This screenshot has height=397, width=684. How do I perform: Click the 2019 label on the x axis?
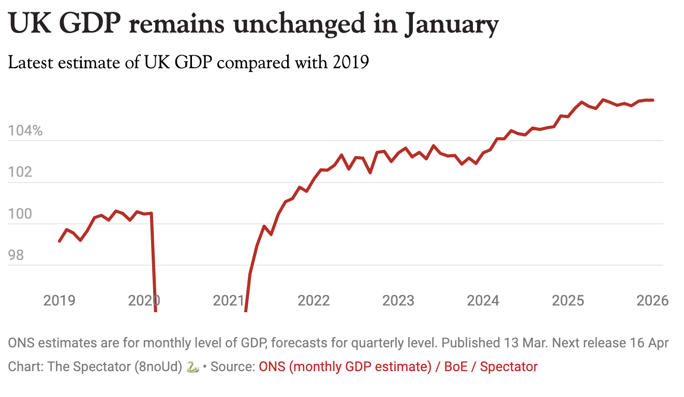(59, 300)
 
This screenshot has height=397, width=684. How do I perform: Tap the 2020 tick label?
(144, 300)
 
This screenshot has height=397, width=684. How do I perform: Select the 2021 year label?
(229, 300)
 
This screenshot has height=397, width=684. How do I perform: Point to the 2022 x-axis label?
(314, 300)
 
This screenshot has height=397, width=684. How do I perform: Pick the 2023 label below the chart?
(398, 300)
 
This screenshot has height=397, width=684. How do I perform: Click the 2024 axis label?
(483, 300)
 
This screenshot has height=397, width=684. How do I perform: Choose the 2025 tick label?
(568, 300)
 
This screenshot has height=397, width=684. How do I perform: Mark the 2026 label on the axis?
(652, 300)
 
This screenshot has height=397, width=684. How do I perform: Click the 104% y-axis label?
(25, 131)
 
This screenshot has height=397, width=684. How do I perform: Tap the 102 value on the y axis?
(19, 172)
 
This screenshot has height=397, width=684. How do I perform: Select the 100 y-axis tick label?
(19, 214)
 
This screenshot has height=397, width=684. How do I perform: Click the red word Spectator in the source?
(508, 367)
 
